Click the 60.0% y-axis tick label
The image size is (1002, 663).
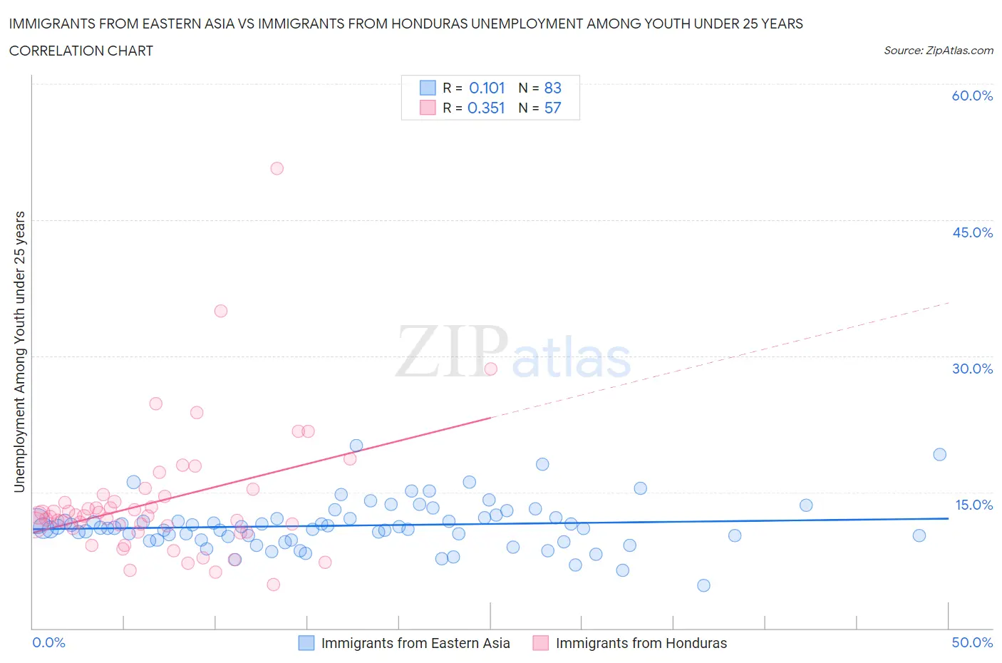click(x=972, y=96)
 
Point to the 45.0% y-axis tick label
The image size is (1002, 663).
click(x=972, y=232)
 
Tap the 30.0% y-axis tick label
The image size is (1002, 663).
click(x=972, y=369)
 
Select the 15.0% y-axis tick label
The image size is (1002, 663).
click(x=972, y=505)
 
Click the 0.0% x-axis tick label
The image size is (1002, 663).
click(x=48, y=642)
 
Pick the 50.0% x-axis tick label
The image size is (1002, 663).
click(x=972, y=642)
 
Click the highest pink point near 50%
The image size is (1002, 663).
click(x=277, y=168)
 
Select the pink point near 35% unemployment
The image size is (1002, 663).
click(x=221, y=311)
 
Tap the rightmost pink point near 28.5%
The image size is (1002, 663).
click(x=490, y=369)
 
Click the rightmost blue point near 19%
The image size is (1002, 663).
click(x=939, y=455)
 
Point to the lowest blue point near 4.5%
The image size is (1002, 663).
click(x=703, y=585)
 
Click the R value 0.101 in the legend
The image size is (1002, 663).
click(x=487, y=88)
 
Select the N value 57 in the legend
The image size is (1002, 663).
click(x=552, y=108)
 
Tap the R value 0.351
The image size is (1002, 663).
click(x=487, y=108)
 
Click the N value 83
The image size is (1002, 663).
click(x=552, y=88)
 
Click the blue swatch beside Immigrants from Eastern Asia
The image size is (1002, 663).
click(x=306, y=643)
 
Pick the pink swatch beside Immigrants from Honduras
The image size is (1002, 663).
click(x=540, y=643)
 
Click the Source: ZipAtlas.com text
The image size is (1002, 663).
click(x=938, y=50)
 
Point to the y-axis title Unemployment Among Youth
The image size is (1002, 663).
click(x=19, y=351)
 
